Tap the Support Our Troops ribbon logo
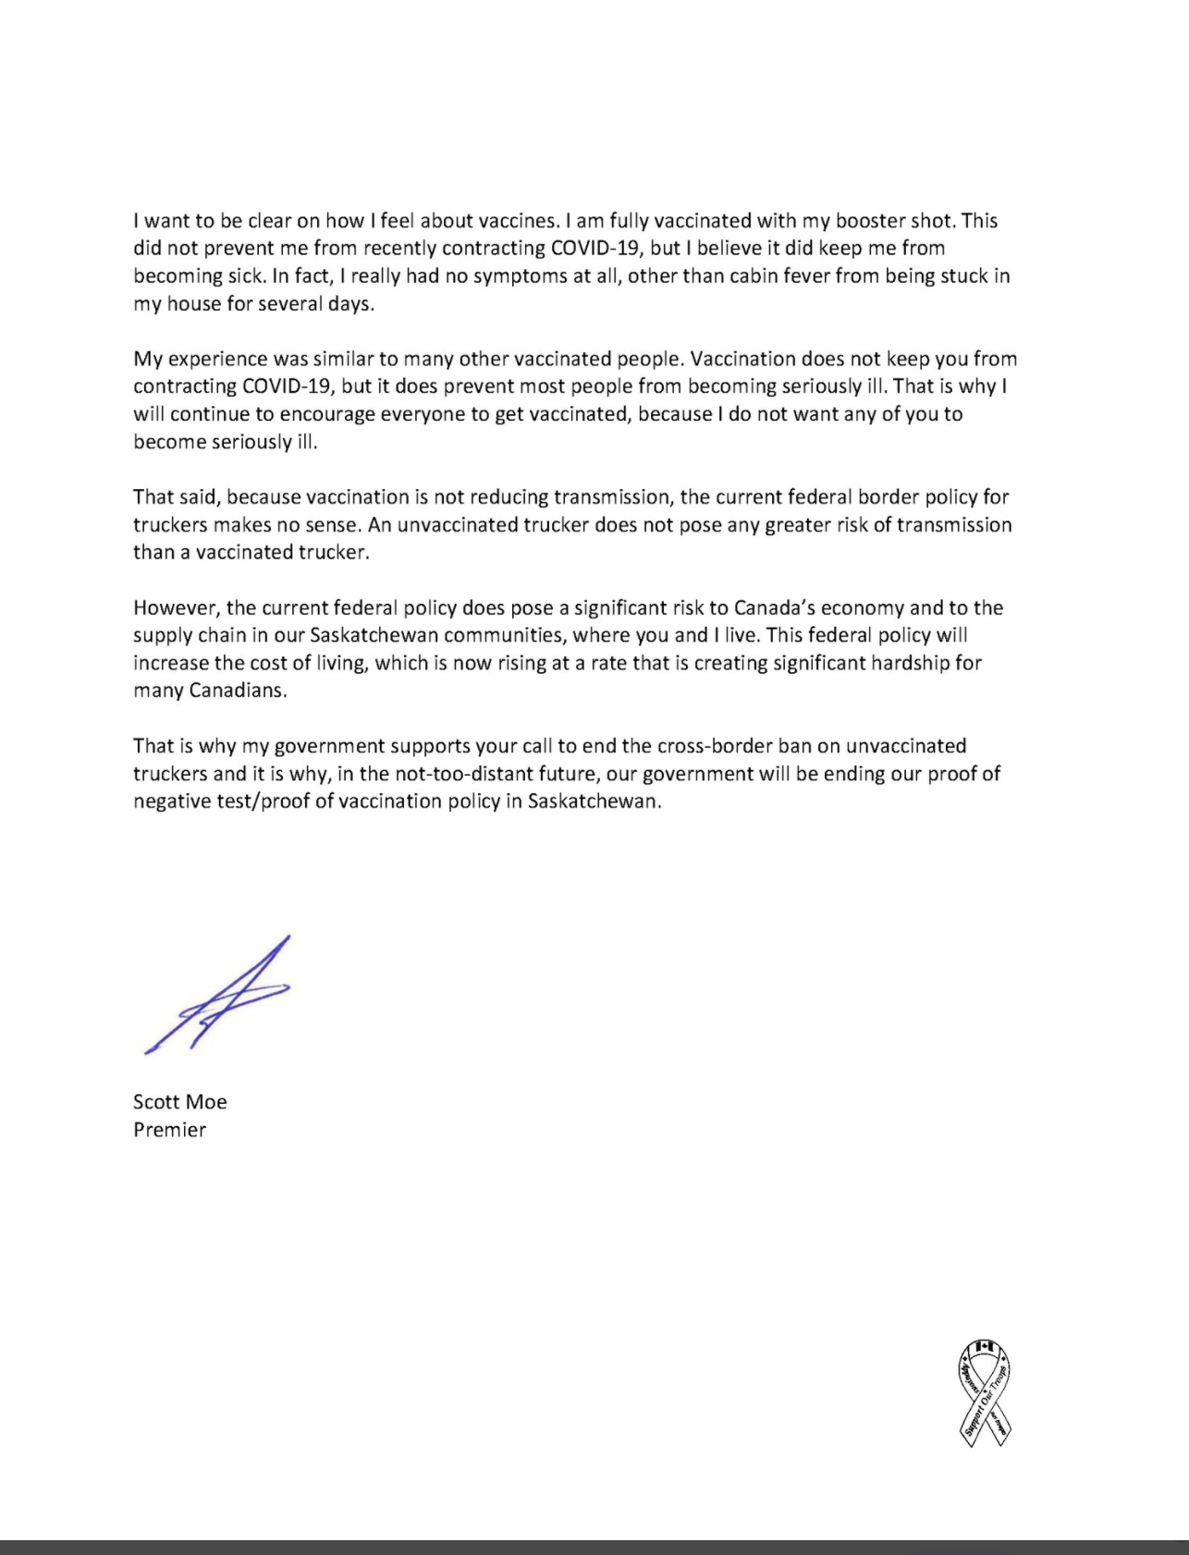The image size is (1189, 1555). pos(984,1392)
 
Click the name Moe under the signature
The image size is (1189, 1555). pos(206,1102)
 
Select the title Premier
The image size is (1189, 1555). pos(170,1130)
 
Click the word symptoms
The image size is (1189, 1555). pos(512,276)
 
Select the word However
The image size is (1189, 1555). pos(177,608)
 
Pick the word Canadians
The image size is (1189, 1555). pos(238,691)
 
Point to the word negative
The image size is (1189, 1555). pos(172,802)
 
